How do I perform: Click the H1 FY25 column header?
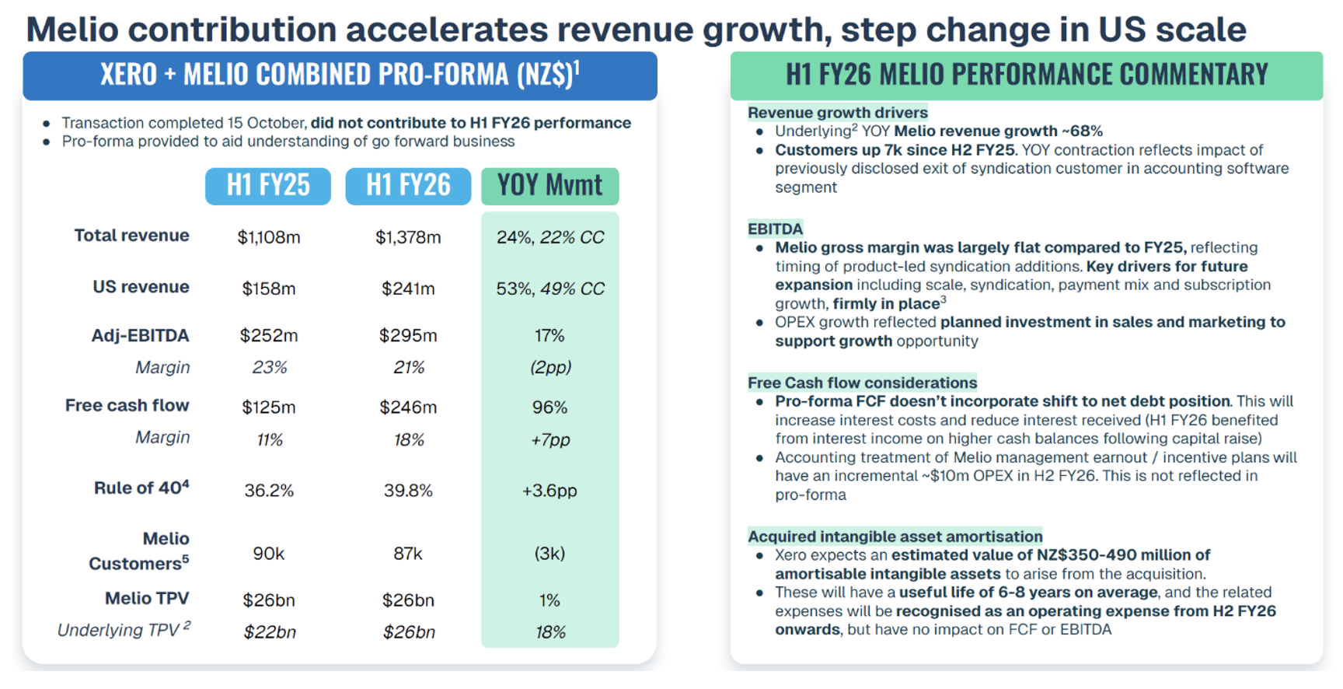tap(268, 186)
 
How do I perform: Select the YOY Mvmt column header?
tap(549, 186)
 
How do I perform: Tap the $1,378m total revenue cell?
tap(408, 237)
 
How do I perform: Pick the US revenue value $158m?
tap(269, 289)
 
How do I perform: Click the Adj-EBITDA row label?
tap(140, 336)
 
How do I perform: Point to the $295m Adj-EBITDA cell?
tap(408, 336)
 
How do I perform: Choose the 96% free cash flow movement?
tap(549, 407)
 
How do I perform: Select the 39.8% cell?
tap(408, 491)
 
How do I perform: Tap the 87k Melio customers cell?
tap(408, 554)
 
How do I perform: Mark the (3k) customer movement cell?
tap(549, 554)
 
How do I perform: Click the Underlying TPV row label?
tap(124, 630)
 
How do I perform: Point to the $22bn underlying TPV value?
tap(270, 632)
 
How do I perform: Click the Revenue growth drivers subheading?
tap(837, 113)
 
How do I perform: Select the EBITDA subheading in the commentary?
tap(775, 229)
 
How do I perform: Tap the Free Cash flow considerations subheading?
tap(862, 383)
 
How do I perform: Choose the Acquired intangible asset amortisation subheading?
tap(895, 537)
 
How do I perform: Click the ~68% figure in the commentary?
tap(1083, 131)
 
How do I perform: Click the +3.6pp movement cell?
tap(549, 491)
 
